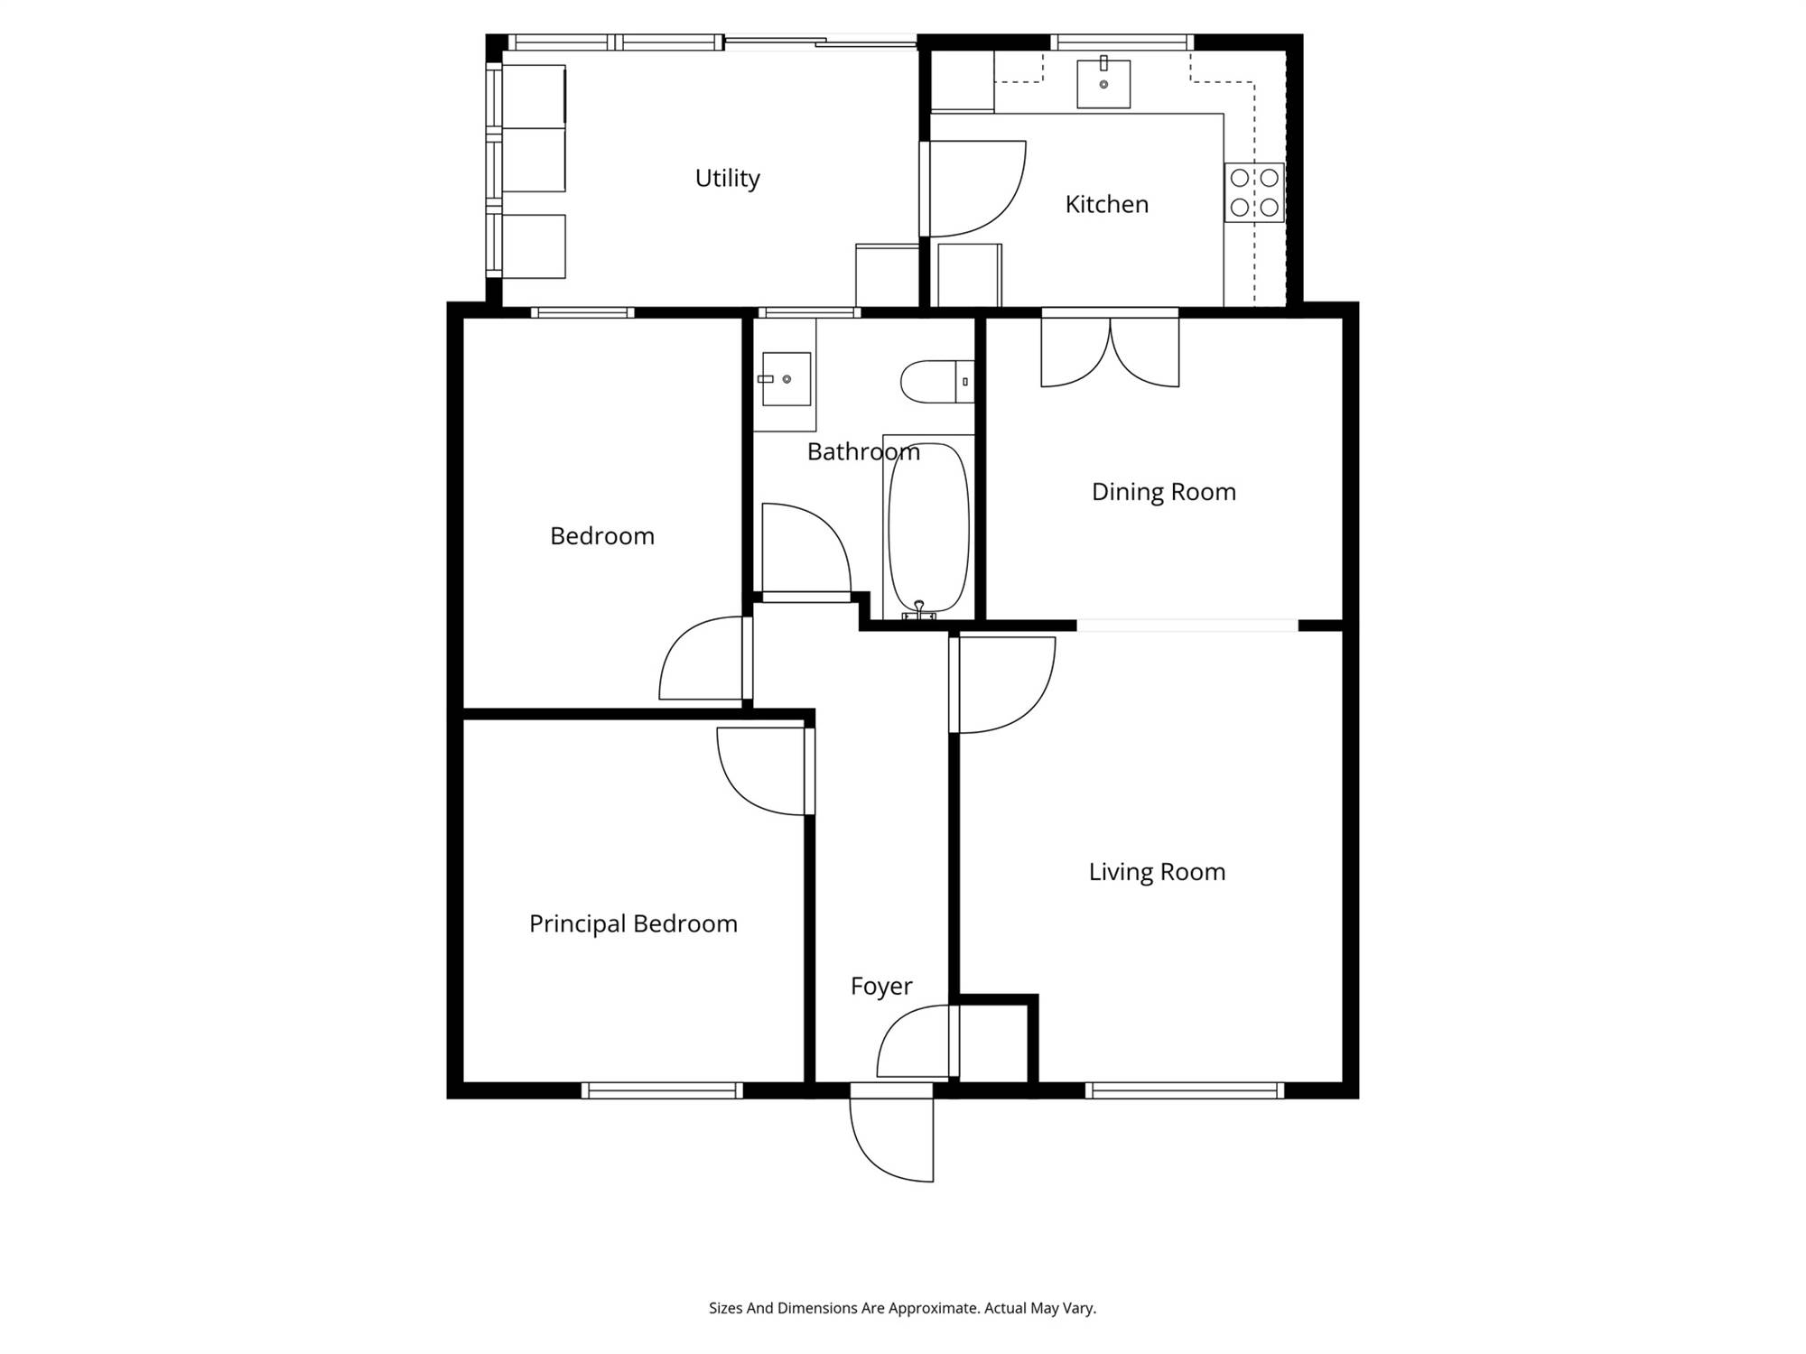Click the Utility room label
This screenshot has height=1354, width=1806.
(727, 179)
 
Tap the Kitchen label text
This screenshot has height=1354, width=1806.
(1106, 204)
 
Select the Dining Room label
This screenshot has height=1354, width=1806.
(1163, 492)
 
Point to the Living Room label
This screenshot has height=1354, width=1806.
(1157, 872)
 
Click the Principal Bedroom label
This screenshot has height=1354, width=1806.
(633, 923)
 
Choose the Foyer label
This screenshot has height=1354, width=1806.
(881, 987)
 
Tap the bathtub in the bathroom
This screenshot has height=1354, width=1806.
(928, 528)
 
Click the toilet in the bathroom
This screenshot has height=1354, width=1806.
(937, 382)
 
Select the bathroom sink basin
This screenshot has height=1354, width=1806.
(786, 379)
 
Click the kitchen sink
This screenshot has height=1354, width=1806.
(1103, 84)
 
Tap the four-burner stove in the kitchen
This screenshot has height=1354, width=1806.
(1254, 192)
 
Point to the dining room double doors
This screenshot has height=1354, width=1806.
(1110, 350)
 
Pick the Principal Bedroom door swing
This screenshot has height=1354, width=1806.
(764, 771)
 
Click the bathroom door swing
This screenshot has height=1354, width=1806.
(806, 550)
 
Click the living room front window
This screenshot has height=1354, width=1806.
(1185, 1090)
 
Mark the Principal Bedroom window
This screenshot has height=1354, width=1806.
(662, 1090)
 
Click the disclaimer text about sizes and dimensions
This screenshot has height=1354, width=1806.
(902, 1308)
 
